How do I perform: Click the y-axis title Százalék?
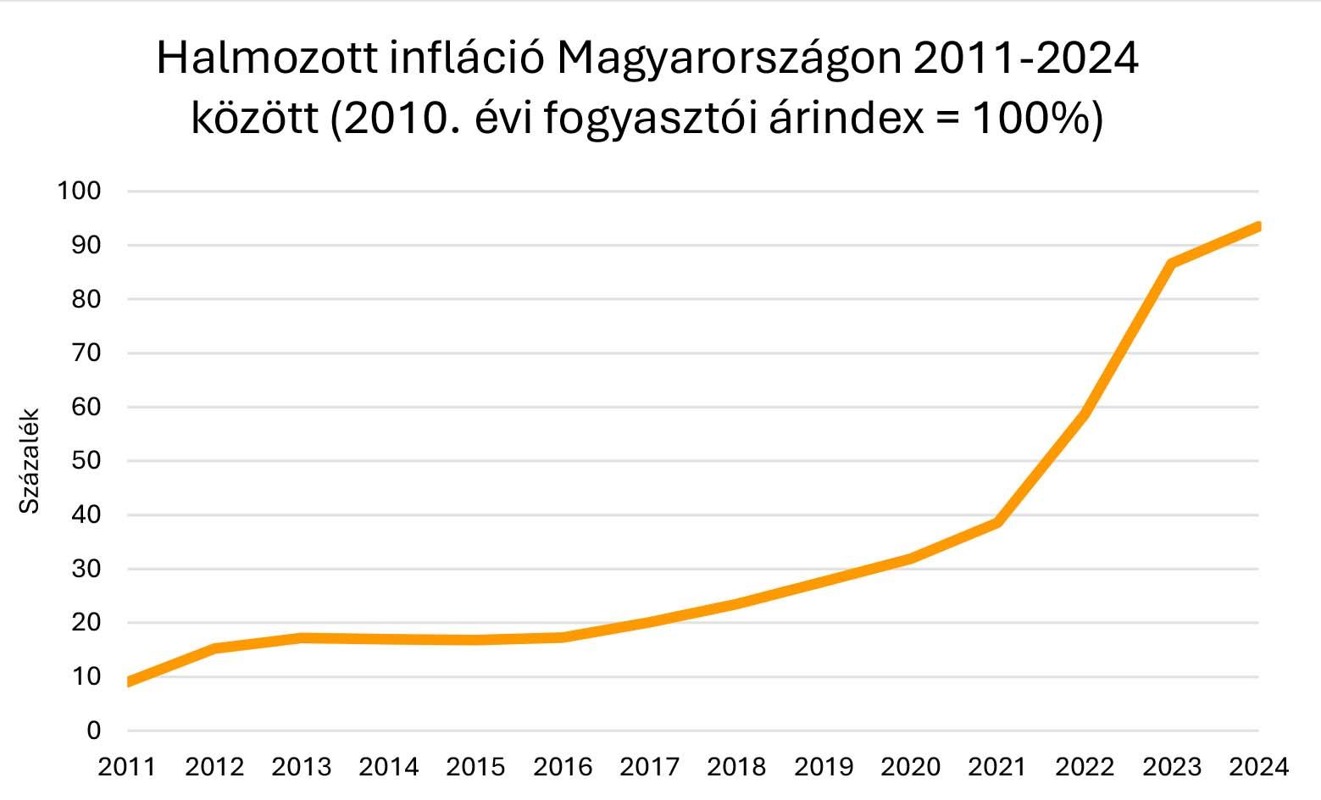coord(30,461)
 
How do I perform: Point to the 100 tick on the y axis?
coord(79,191)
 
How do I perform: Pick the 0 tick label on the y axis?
coord(92,731)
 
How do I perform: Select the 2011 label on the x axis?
coord(127,767)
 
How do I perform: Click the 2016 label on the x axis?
coord(563,767)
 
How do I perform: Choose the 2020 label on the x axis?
coord(911,767)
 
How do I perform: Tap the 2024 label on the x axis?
coord(1258,767)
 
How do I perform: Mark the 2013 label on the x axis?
coord(302,767)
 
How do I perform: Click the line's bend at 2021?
coord(998,523)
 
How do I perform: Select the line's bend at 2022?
coord(1085,414)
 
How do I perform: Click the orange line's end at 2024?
coord(1258,226)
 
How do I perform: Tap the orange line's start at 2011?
coord(129,681)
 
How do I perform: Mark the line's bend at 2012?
coord(215,648)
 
